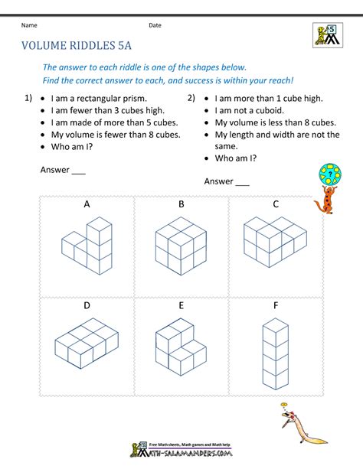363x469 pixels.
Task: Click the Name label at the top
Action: coord(30,25)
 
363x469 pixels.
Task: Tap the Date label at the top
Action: coord(155,25)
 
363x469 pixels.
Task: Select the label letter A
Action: coord(87,204)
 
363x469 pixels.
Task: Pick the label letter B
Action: coord(181,204)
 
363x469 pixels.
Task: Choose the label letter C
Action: coord(276,204)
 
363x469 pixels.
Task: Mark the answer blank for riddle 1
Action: coord(78,171)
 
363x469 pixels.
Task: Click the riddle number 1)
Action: coord(28,98)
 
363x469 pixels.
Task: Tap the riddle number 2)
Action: coord(191,98)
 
